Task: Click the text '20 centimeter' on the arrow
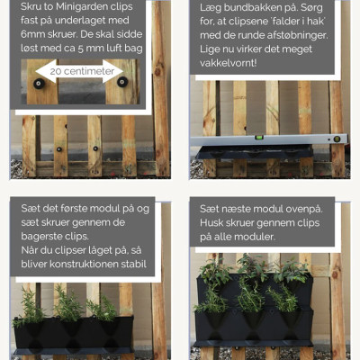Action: pos(82,71)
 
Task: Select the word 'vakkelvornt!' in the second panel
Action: pos(229,63)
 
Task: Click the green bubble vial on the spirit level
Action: pos(259,138)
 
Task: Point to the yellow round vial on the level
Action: pos(337,139)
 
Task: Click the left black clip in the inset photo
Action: pos(40,84)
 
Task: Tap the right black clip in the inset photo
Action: pos(122,82)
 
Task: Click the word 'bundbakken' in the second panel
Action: pos(246,7)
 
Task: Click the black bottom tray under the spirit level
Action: pos(255,151)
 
